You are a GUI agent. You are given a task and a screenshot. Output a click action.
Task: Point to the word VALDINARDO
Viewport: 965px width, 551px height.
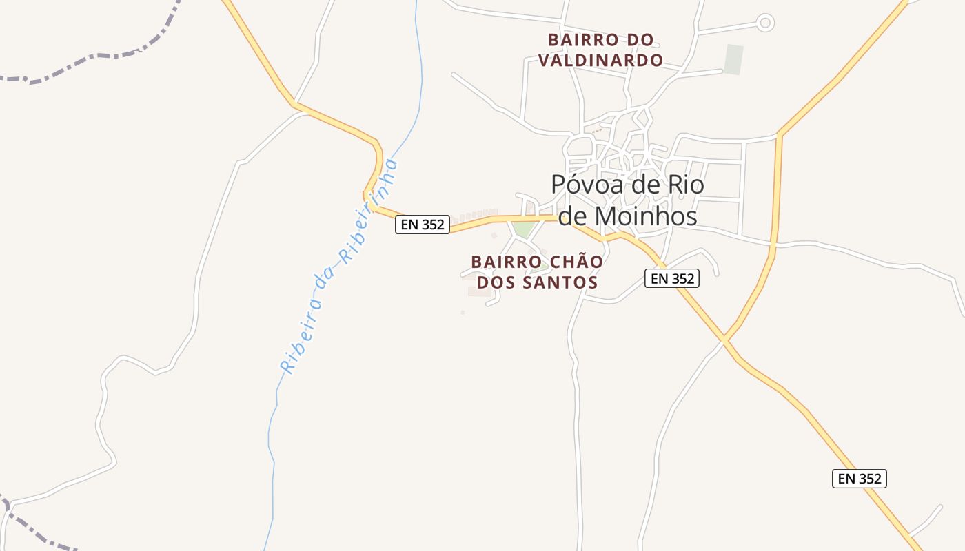pyautogui.click(x=600, y=61)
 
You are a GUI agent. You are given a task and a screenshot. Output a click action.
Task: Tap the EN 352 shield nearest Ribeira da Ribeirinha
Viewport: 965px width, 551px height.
pyautogui.click(x=422, y=225)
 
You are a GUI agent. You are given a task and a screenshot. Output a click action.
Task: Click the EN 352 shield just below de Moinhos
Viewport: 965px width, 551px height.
pyautogui.click(x=672, y=278)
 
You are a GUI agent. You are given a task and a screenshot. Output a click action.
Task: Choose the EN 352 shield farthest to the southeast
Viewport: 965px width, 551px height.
pyautogui.click(x=859, y=479)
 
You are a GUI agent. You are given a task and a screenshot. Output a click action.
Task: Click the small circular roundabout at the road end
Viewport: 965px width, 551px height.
pyautogui.click(x=764, y=23)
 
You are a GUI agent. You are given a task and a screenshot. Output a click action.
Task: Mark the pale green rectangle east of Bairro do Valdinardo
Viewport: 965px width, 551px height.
pyautogui.click(x=734, y=59)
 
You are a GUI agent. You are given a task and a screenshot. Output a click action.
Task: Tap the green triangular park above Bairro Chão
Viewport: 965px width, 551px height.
pyautogui.click(x=524, y=229)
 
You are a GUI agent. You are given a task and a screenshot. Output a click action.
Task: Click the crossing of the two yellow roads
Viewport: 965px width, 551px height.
pyautogui.click(x=724, y=340)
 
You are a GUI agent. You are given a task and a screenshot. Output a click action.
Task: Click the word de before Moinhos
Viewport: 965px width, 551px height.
pyautogui.click(x=571, y=216)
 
